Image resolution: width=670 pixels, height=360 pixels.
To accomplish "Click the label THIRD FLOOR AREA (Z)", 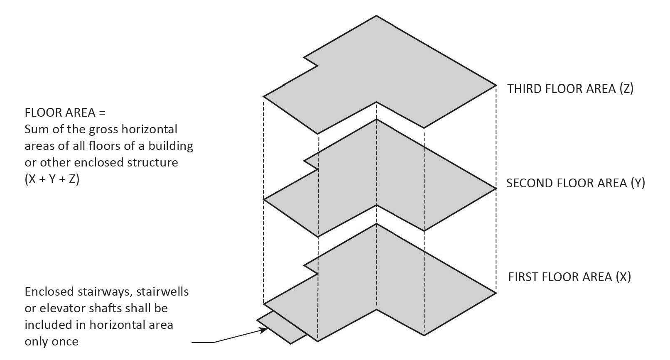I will click(x=570, y=89).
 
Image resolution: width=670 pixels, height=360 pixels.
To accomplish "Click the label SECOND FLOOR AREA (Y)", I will click(x=575, y=183).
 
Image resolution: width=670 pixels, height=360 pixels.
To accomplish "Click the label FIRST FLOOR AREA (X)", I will click(x=569, y=277).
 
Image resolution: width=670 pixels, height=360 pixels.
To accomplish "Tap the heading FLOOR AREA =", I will click(x=65, y=113).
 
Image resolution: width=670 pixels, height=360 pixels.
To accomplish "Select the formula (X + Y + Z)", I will click(x=52, y=179).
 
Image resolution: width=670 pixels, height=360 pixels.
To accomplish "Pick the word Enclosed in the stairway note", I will click(x=49, y=291).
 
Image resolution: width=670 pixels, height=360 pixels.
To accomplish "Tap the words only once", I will click(x=52, y=341).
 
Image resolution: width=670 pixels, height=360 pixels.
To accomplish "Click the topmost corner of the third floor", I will click(x=376, y=16).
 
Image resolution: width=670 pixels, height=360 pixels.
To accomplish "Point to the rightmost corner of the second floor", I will click(x=496, y=189).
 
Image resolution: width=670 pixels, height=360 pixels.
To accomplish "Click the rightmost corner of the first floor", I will click(x=496, y=293).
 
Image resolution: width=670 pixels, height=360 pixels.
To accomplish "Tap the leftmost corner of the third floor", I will click(x=264, y=97).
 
